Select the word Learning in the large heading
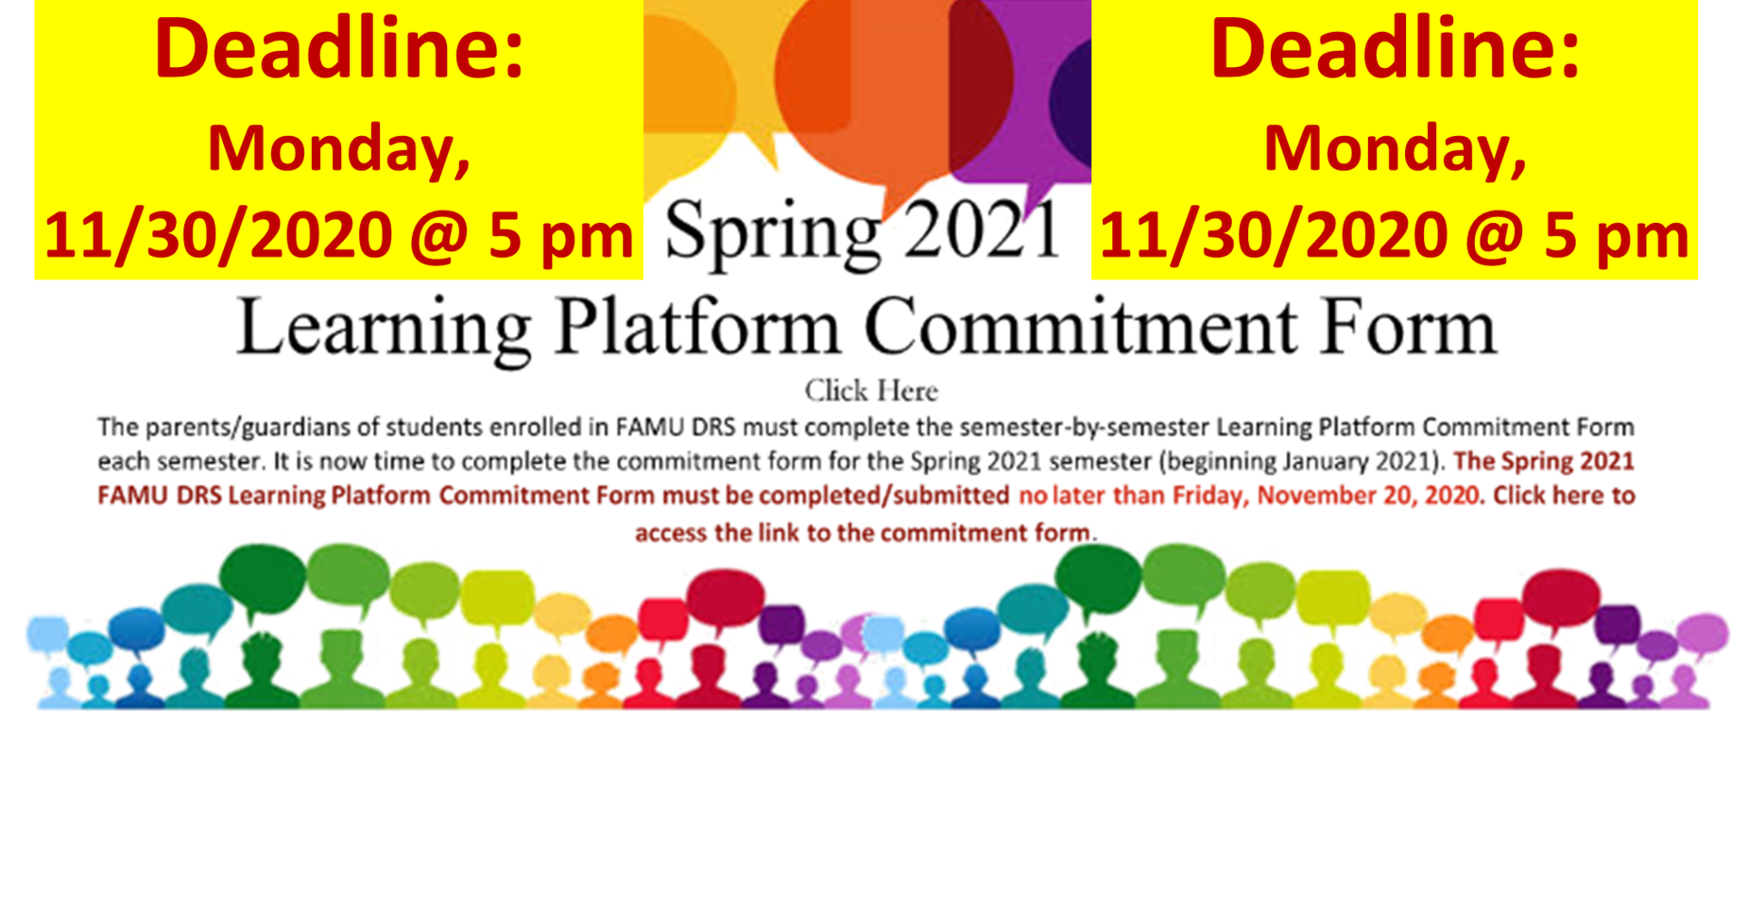[384, 329]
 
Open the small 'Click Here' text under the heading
[871, 391]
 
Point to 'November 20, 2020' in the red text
[1368, 496]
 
